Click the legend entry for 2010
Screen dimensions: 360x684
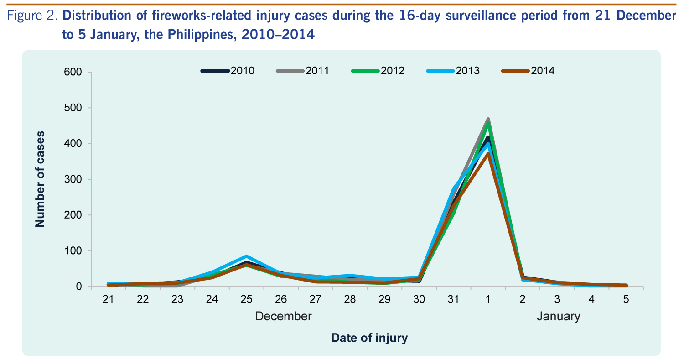click(x=228, y=71)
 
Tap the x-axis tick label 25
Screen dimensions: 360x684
click(x=246, y=299)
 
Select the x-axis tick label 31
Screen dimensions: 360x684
click(x=453, y=299)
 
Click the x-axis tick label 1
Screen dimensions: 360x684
click(x=488, y=299)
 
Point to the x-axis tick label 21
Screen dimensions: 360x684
click(x=108, y=299)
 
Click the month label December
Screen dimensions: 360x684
click(x=283, y=316)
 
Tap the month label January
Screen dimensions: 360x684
click(x=558, y=316)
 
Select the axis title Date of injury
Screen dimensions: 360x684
click(x=369, y=338)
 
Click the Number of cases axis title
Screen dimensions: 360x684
click(x=40, y=178)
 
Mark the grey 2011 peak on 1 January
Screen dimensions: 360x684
click(x=488, y=119)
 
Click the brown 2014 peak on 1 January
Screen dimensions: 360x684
click(x=488, y=154)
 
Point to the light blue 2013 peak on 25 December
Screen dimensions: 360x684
click(x=246, y=256)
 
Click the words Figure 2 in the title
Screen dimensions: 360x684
click(x=32, y=16)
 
